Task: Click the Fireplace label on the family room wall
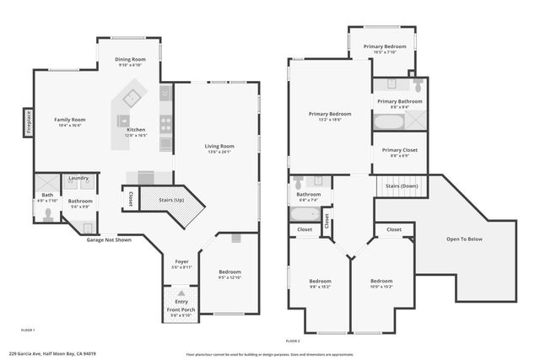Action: pyautogui.click(x=28, y=124)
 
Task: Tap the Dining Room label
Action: pyautogui.click(x=131, y=59)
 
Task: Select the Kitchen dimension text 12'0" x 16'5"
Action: pyautogui.click(x=136, y=135)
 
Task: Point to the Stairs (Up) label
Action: pyautogui.click(x=171, y=201)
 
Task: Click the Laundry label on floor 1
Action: pyautogui.click(x=78, y=178)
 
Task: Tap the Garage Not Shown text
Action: pyautogui.click(x=109, y=239)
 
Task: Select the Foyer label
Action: pyautogui.click(x=181, y=261)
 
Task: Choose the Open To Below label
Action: pyautogui.click(x=464, y=239)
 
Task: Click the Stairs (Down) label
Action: pyautogui.click(x=402, y=185)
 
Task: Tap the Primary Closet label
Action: pyautogui.click(x=399, y=150)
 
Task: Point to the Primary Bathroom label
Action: pyautogui.click(x=400, y=101)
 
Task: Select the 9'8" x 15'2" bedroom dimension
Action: pyautogui.click(x=320, y=286)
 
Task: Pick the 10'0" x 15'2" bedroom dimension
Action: pyautogui.click(x=381, y=286)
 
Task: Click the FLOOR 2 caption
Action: pyautogui.click(x=293, y=340)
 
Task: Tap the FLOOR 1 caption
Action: pyautogui.click(x=27, y=329)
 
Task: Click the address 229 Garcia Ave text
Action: pyautogui.click(x=52, y=354)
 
